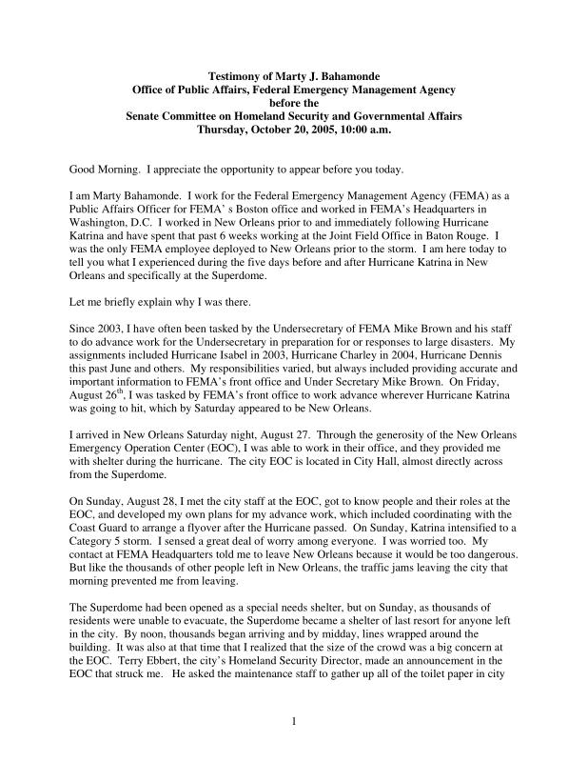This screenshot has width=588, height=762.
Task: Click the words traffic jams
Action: coord(410,566)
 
